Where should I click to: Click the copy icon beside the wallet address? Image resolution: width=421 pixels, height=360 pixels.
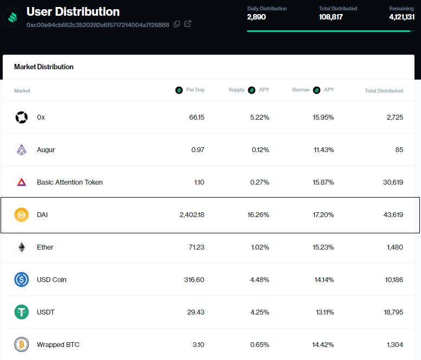[x=177, y=24]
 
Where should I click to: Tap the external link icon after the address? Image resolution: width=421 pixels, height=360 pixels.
[x=187, y=24]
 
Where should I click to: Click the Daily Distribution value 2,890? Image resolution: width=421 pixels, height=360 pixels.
[x=256, y=17]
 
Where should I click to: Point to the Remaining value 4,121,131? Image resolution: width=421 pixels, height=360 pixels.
[x=401, y=17]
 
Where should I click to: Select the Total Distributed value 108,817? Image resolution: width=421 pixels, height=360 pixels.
[x=331, y=17]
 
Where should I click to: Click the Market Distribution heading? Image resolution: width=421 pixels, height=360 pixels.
[x=44, y=67]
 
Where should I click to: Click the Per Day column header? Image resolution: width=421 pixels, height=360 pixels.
[x=195, y=90]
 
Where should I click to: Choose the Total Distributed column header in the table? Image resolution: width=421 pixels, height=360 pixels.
[x=384, y=90]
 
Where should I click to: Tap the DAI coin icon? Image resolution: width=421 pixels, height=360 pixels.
[x=22, y=215]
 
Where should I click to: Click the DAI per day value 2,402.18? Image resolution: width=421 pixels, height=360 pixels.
[x=192, y=215]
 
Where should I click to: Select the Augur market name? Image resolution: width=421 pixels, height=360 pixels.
[x=46, y=150]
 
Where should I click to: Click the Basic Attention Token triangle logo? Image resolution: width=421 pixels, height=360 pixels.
[x=22, y=182]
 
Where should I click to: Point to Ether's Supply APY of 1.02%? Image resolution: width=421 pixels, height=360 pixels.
[x=260, y=247]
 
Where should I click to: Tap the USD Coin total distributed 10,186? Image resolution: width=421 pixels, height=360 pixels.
[x=393, y=280]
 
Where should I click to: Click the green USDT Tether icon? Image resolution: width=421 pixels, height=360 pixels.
[x=22, y=312]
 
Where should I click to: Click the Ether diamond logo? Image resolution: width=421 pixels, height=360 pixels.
[x=22, y=247]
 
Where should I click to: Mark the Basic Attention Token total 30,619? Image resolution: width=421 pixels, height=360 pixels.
[x=393, y=182]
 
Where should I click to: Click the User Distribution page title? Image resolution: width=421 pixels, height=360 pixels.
[x=73, y=11]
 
